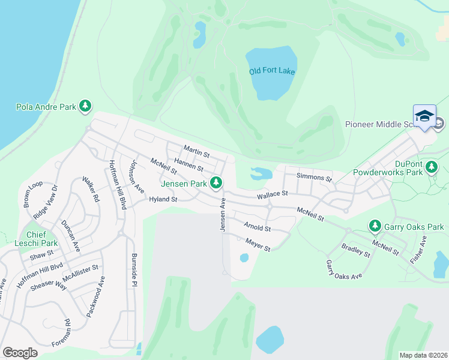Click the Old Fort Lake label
point(272,71)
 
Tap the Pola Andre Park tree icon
point(86,107)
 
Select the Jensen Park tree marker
point(216,182)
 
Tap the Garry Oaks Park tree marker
point(375,226)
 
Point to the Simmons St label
point(315,178)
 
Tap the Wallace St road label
point(273,194)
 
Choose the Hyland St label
point(163,199)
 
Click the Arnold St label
point(258,227)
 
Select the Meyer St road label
point(258,245)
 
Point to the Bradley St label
point(356,250)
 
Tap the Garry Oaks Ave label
point(344,269)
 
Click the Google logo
point(20,353)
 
